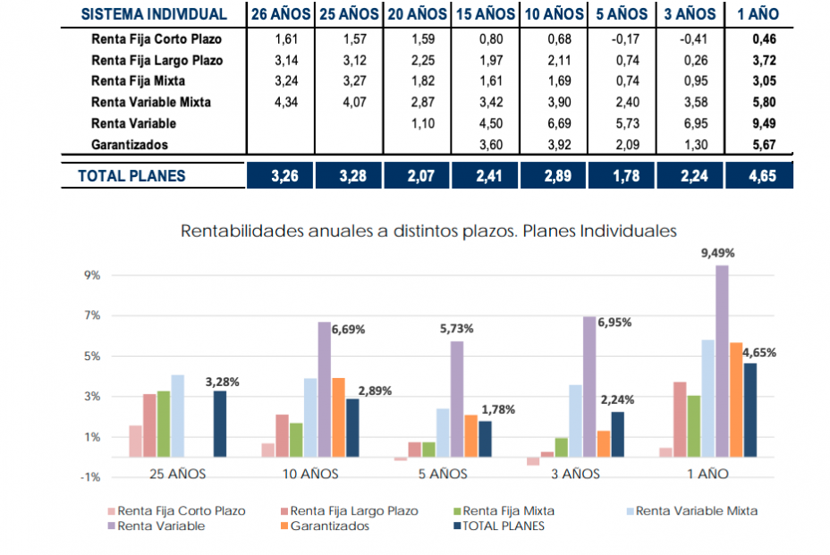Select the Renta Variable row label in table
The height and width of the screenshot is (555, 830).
coord(133,123)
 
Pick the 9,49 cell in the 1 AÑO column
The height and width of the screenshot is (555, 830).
coord(762,123)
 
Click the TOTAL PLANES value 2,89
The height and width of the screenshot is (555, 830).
coord(555,176)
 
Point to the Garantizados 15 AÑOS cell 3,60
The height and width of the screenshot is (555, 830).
coord(487,144)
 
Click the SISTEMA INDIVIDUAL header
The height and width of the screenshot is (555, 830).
coord(153,13)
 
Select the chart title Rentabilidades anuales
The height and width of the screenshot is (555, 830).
coord(428,231)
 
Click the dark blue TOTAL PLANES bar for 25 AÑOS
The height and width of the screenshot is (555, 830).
coord(220,424)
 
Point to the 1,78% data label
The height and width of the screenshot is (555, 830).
coord(498,409)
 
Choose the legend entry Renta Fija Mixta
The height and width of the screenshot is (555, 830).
coord(508,511)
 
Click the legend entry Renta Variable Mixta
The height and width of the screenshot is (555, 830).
coord(696,511)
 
